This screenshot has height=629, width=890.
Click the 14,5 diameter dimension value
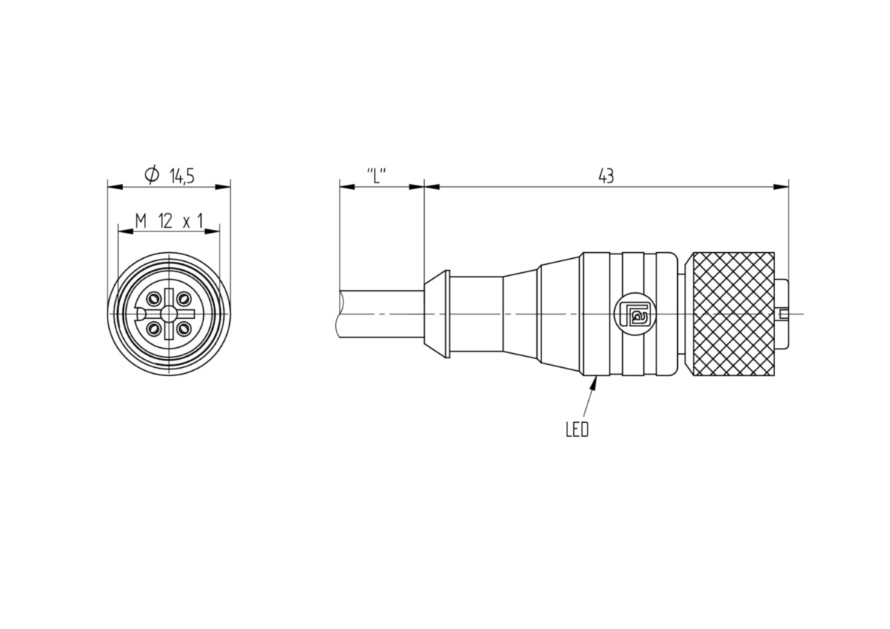point(182,176)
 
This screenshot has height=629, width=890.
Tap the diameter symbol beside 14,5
point(152,174)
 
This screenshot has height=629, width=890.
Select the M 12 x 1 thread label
point(169,220)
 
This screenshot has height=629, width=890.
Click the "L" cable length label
point(376,176)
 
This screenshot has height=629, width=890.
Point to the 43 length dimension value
point(606,176)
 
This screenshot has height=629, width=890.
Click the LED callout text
point(577,429)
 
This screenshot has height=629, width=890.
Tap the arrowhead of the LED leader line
point(594,383)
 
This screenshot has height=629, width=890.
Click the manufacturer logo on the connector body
point(635,314)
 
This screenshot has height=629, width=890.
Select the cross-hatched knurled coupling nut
point(733,314)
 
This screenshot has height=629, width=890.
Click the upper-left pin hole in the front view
point(154,298)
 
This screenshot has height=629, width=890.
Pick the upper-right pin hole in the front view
point(183,298)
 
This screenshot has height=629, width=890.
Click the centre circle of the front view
point(169,314)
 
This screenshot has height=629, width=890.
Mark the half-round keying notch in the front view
point(139,314)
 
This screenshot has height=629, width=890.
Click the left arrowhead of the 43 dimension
point(432,187)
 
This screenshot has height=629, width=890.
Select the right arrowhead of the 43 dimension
point(781,187)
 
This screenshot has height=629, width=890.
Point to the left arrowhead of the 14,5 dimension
point(115,187)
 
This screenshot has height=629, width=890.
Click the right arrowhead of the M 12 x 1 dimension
point(212,231)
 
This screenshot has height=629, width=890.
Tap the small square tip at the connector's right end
point(784,314)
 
